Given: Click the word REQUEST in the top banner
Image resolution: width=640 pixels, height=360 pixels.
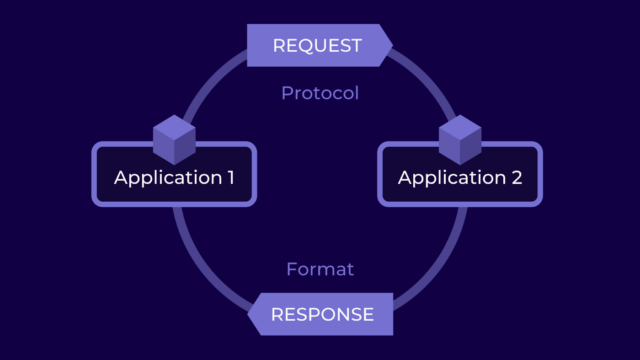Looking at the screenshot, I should pyautogui.click(x=317, y=45).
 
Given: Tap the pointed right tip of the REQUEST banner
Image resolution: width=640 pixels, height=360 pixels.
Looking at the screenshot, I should pyautogui.click(x=390, y=45).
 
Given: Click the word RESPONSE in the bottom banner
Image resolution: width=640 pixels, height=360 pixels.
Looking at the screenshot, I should pyautogui.click(x=322, y=314).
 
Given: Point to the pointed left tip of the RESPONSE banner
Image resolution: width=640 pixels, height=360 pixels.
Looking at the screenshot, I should pyautogui.click(x=250, y=314).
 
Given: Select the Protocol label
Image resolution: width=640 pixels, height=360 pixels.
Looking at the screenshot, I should pyautogui.click(x=319, y=94).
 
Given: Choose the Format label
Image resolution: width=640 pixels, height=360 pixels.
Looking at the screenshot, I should pyautogui.click(x=320, y=269).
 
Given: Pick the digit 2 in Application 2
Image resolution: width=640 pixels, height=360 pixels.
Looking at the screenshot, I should pyautogui.click(x=514, y=178).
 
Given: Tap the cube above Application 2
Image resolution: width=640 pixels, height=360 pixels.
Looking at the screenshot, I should pyautogui.click(x=460, y=139).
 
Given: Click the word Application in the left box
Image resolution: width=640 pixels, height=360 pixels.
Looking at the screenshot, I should pyautogui.click(x=165, y=178).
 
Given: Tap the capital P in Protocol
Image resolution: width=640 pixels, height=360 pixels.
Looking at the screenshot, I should pyautogui.click(x=287, y=94).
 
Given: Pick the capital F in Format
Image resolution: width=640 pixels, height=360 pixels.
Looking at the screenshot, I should pyautogui.click(x=291, y=269).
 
